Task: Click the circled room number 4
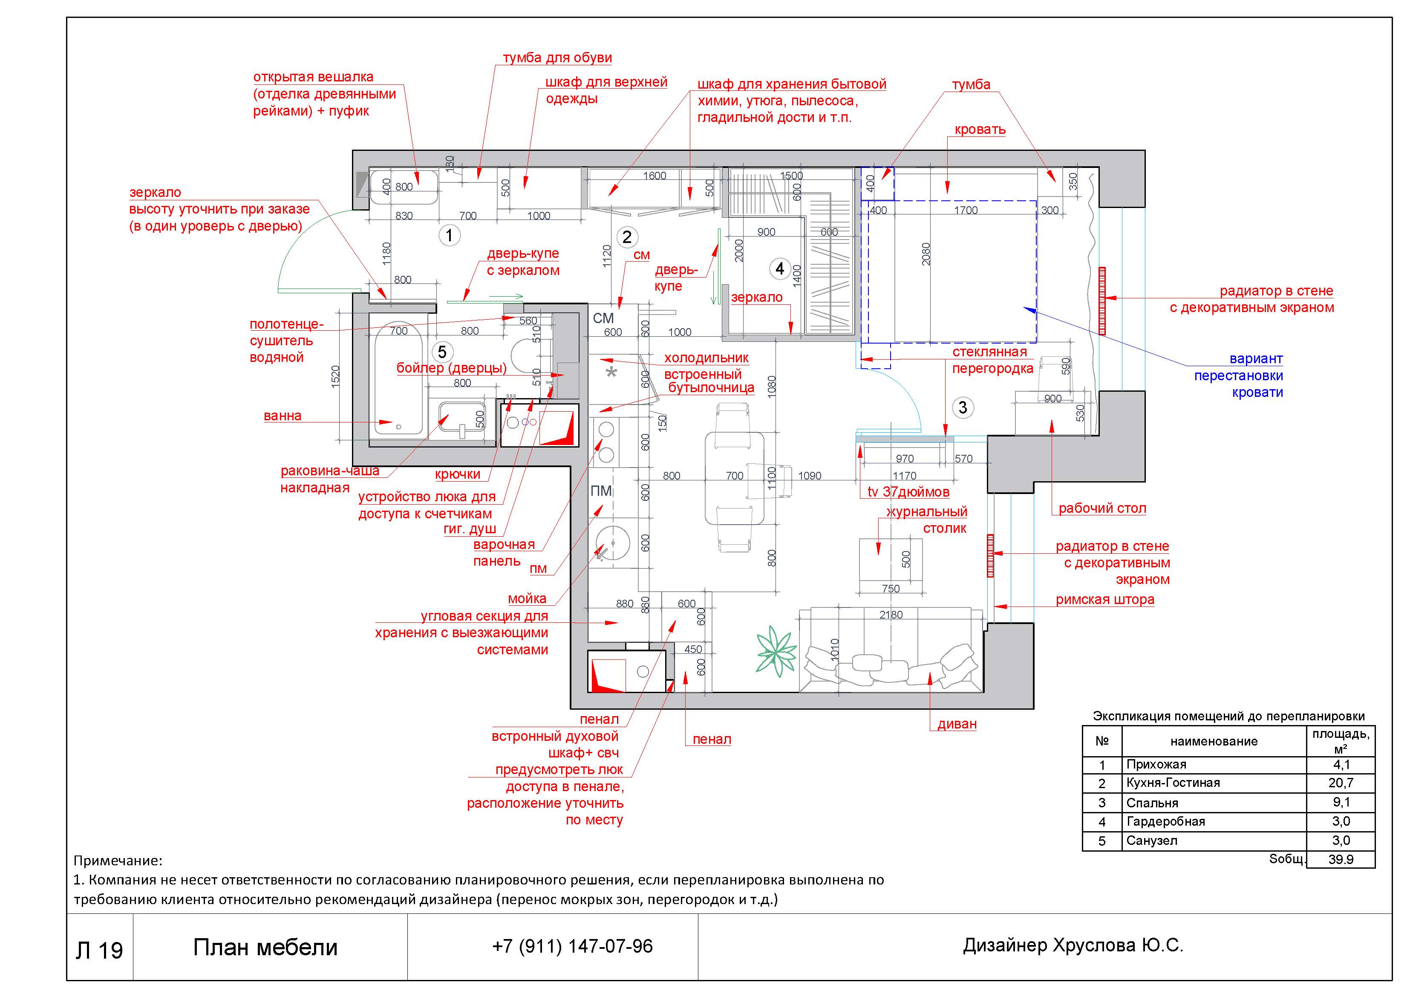(x=780, y=269)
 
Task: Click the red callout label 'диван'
(x=957, y=724)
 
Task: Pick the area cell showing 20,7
(x=1341, y=783)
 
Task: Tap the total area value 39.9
(x=1341, y=859)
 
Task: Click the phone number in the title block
(x=572, y=946)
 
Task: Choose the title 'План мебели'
(x=265, y=947)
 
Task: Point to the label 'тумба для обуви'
(x=557, y=58)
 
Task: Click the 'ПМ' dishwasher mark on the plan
(x=601, y=491)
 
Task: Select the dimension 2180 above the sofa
(x=891, y=614)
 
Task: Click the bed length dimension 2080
(x=926, y=254)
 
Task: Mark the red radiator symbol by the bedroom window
(x=1102, y=301)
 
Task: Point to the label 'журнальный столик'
(x=927, y=520)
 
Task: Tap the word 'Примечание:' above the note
(x=118, y=861)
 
